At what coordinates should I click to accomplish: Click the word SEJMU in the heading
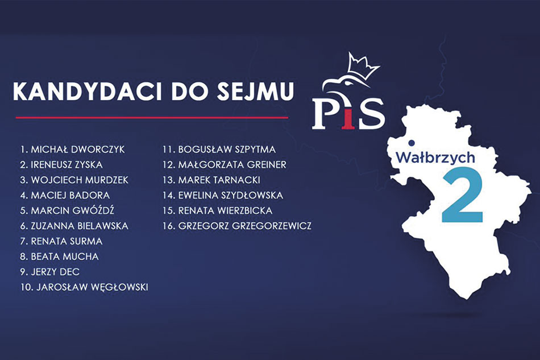tap(255, 92)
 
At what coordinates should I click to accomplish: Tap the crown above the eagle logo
tap(363, 66)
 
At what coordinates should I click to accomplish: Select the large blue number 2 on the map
tap(462, 195)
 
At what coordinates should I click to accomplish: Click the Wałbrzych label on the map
tap(435, 157)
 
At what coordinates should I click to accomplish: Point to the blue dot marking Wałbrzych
tap(411, 143)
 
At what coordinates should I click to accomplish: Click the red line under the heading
tap(152, 118)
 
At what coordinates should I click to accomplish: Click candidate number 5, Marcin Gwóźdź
tap(67, 210)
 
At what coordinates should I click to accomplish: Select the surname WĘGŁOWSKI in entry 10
tap(119, 287)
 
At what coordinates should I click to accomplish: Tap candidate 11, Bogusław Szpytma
tap(219, 150)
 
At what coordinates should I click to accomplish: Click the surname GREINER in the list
tap(267, 165)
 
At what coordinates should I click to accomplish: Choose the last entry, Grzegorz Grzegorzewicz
tap(237, 226)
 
